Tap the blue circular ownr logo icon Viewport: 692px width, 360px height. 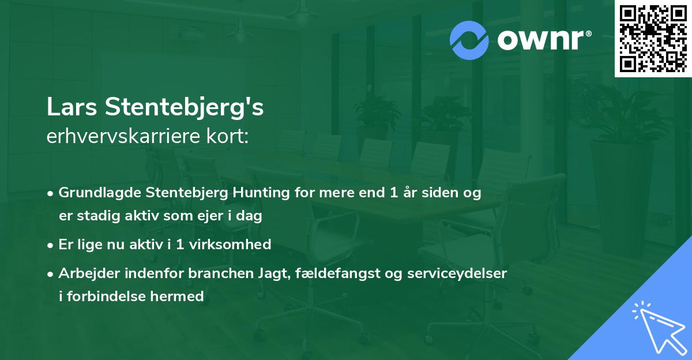click(469, 40)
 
